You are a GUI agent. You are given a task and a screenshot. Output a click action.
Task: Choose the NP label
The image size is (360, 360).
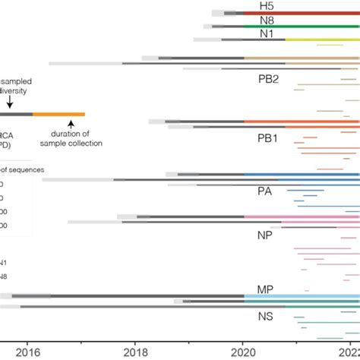265,235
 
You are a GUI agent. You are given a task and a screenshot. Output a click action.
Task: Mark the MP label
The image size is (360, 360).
265,289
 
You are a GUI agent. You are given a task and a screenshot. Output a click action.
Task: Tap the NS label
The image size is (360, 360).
265,316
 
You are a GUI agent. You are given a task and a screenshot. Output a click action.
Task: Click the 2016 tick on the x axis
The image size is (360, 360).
28,351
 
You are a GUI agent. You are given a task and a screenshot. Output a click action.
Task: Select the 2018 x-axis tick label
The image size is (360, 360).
136,351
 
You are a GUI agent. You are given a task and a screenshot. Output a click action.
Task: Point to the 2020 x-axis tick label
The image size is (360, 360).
243,351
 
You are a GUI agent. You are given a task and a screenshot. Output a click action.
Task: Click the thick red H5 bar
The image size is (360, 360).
304,12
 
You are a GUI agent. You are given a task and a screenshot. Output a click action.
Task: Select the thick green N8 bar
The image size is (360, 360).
304,26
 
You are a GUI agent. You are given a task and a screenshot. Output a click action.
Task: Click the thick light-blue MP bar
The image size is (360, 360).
304,295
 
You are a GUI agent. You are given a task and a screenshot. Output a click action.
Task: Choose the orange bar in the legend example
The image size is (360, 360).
58,114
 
